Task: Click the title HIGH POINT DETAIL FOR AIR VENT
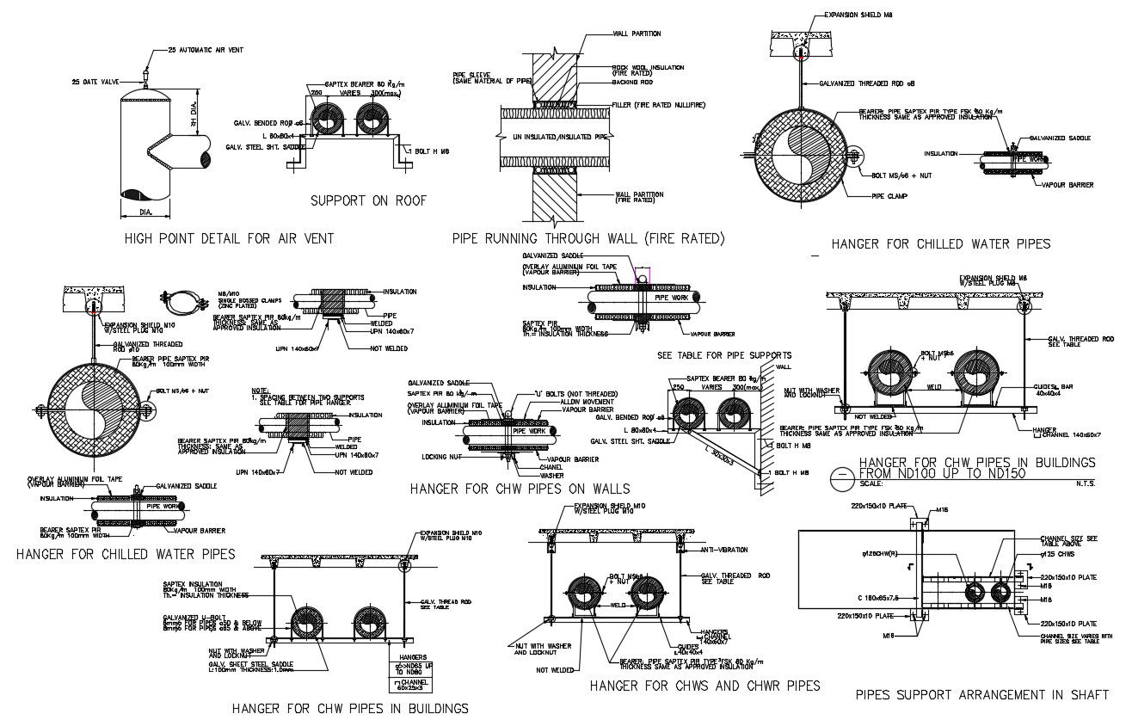click(229, 238)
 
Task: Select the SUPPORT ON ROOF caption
click(368, 201)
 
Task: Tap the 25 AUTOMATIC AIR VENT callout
click(206, 50)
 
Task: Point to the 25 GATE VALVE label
click(95, 83)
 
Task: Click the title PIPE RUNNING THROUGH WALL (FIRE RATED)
click(588, 238)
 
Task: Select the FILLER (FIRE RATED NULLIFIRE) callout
click(659, 105)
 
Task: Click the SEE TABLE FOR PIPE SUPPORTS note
click(724, 354)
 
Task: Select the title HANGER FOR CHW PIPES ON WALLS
click(520, 489)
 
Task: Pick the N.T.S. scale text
click(1085, 483)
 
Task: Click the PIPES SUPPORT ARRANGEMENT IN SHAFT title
click(982, 693)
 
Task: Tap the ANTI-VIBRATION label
click(723, 549)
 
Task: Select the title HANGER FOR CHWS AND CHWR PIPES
click(704, 686)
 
